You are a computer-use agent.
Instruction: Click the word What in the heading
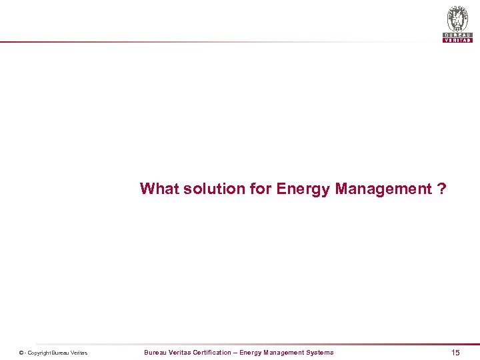pos(159,189)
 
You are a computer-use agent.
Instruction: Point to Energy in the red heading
pos(303,189)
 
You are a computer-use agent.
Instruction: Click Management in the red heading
pos(384,189)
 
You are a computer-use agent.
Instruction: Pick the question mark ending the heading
pos(442,189)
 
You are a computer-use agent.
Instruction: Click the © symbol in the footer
pos(21,353)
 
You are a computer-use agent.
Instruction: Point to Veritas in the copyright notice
pos(80,353)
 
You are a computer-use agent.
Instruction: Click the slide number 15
pos(455,352)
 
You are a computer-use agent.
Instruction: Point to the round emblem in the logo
pos(457,18)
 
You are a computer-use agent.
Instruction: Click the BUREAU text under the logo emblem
pos(457,35)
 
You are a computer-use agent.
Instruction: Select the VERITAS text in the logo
pos(457,40)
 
